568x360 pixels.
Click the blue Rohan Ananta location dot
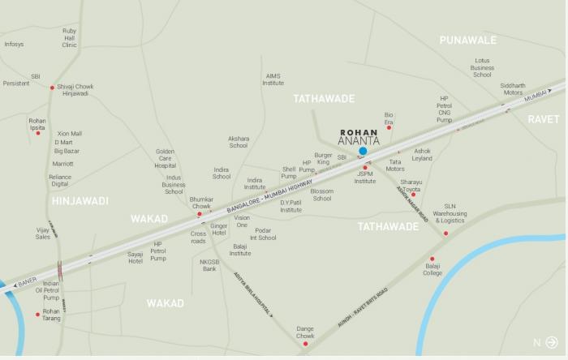tap(363, 151)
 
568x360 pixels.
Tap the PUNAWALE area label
tap(467, 40)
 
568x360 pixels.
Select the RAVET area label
tap(544, 118)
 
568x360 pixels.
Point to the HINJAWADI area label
tap(80, 200)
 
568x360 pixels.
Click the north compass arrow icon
tap(553, 342)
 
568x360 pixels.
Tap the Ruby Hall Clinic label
tap(70, 37)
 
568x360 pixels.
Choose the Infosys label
tap(14, 44)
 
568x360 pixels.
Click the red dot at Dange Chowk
tap(305, 344)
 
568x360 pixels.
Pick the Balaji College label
tap(432, 270)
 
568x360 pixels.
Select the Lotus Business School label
tap(482, 67)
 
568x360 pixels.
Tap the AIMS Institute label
tap(273, 79)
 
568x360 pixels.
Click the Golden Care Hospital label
tap(166, 158)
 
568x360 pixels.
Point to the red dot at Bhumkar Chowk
tap(200, 214)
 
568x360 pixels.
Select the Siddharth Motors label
tap(513, 89)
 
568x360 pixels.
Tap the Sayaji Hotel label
tap(136, 257)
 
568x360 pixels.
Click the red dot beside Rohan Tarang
tap(37, 315)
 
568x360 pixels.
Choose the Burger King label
tap(324, 158)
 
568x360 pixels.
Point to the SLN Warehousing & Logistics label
tap(449, 213)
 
